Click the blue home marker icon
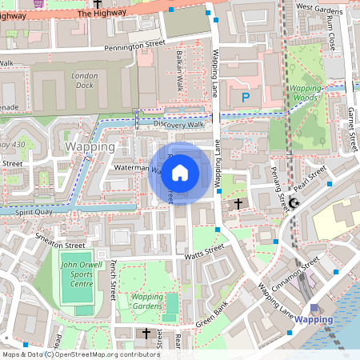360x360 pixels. click(x=179, y=173)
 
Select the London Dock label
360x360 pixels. click(x=84, y=80)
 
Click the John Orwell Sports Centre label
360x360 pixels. click(x=78, y=274)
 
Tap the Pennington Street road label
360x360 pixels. click(x=133, y=46)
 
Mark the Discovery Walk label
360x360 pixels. click(x=179, y=125)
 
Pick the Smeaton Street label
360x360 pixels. click(x=60, y=242)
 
